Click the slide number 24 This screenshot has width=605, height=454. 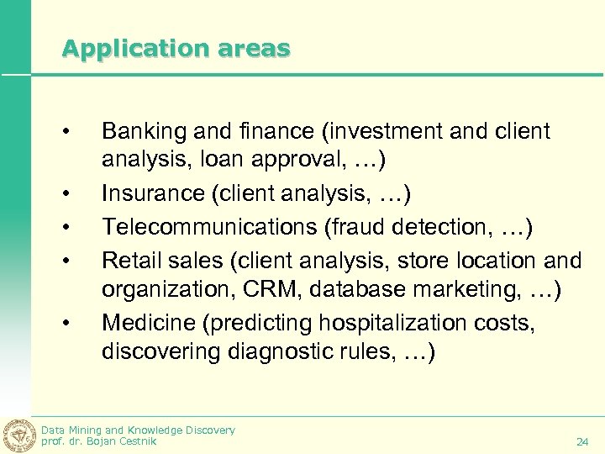click(x=582, y=441)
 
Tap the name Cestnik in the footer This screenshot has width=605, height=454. click(x=136, y=441)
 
